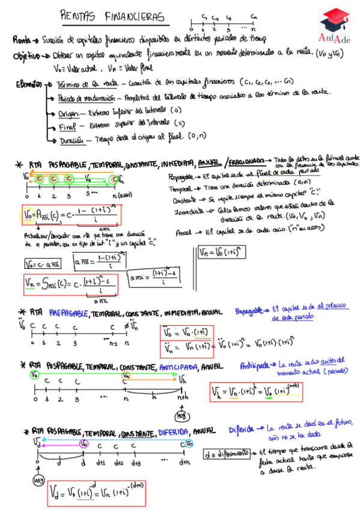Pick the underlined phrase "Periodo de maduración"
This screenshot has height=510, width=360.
point(86,98)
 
